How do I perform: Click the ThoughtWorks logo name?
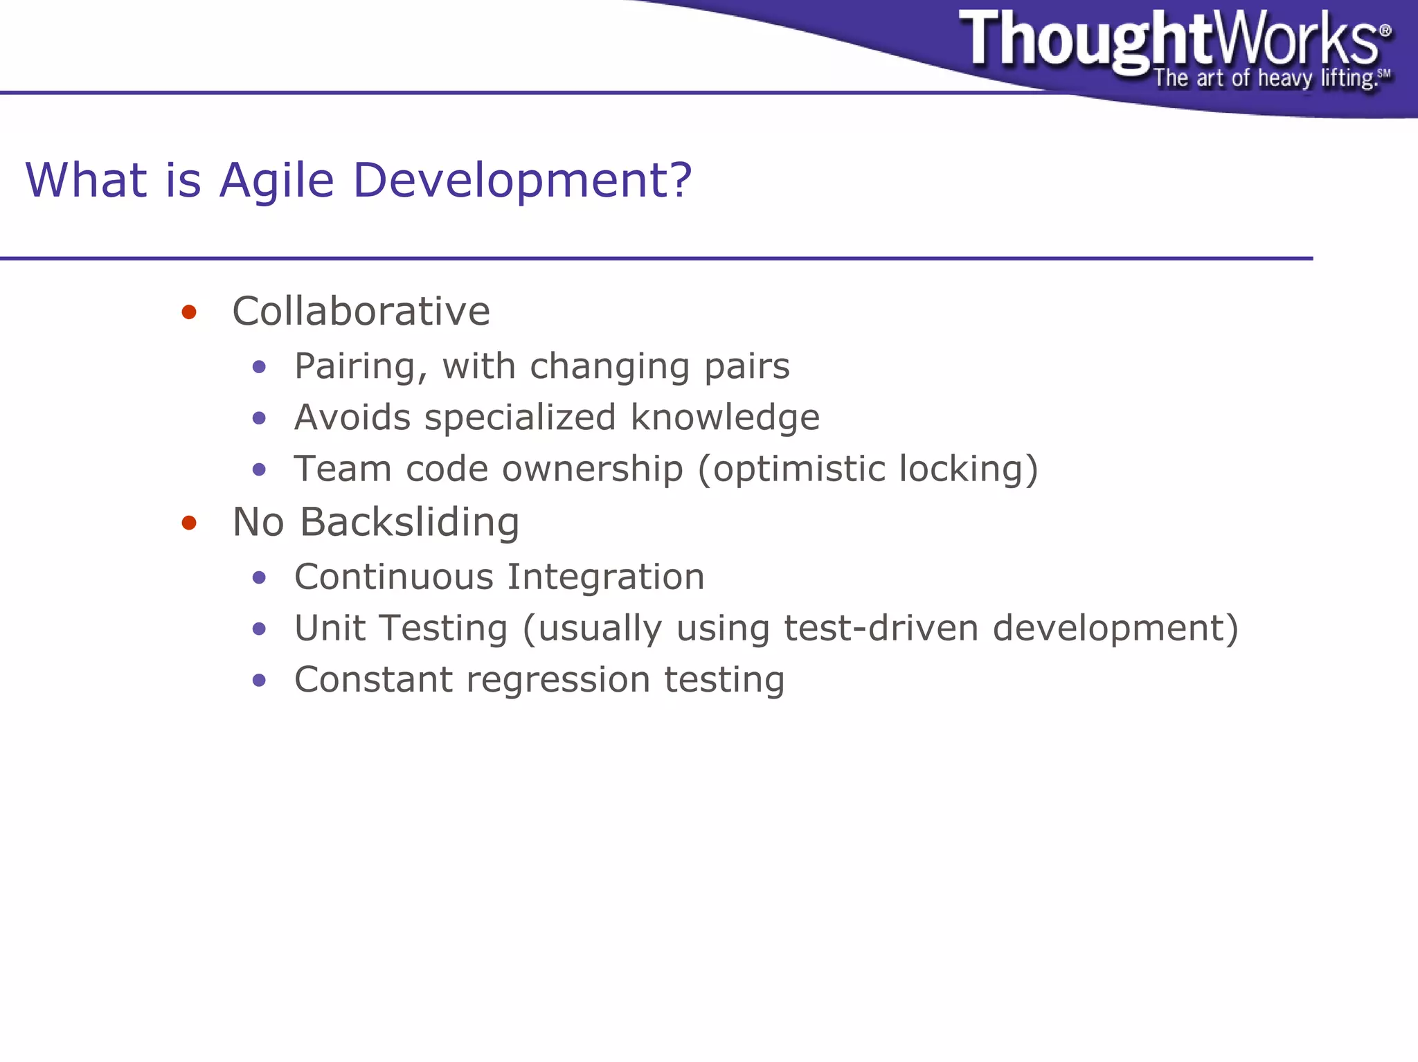1170,39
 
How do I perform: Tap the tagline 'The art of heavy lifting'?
1264,78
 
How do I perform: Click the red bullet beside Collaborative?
189,312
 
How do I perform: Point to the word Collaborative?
361,311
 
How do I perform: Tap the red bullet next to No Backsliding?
189,523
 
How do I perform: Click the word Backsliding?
409,522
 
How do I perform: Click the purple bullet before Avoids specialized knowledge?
260,418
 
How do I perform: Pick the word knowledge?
725,417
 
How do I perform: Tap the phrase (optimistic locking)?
868,469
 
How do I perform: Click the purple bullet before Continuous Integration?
260,577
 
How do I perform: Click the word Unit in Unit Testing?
330,629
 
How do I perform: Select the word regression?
557,680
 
